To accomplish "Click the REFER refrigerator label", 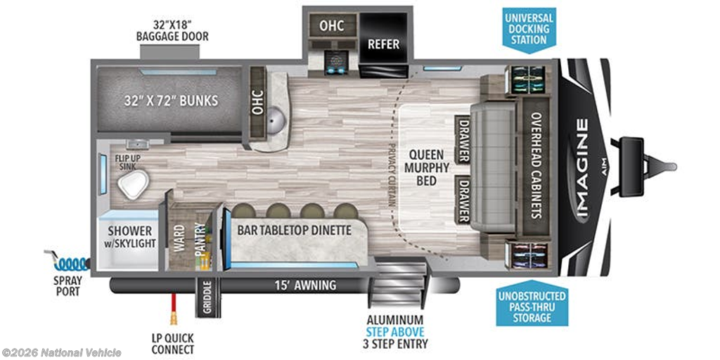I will pos(384,44).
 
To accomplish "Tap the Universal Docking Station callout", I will pos(529,28).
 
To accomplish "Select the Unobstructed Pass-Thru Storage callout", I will pos(530,307).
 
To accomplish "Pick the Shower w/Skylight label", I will pos(131,237).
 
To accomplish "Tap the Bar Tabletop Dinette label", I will pos(294,230).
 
